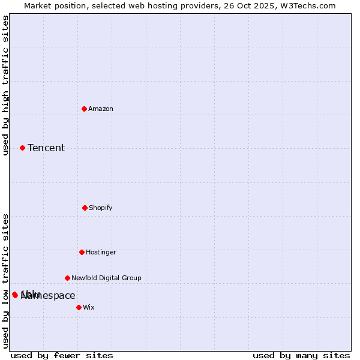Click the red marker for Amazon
pos(85,109)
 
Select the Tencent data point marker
pos(22,148)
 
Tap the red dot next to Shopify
pos(85,208)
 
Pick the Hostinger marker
pos(82,252)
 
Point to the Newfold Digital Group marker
pos(67,278)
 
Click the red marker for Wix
pos(79,307)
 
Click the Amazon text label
pos(101,109)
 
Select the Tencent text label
pos(46,148)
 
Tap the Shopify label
pos(101,208)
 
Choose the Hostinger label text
pos(101,252)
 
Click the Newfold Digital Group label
pos(106,278)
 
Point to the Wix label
pos(89,307)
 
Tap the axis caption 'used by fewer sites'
pos(62,355)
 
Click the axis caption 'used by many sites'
pos(301,355)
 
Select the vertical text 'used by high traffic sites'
pos(5,85)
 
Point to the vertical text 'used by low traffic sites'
pos(5,281)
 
